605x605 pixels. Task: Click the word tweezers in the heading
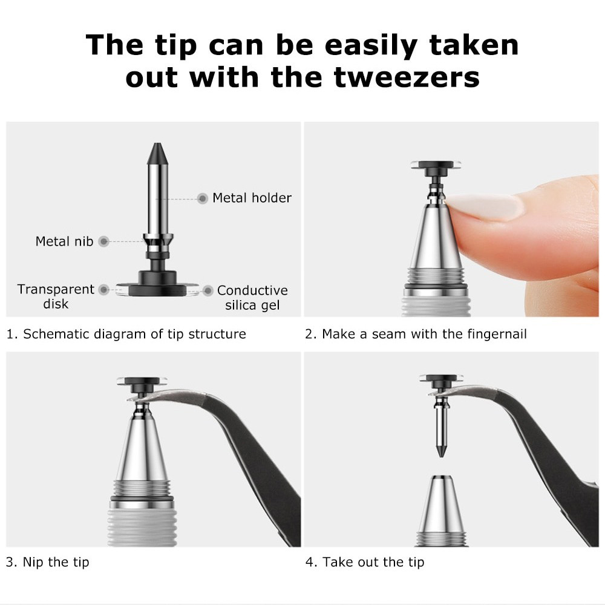pos(407,77)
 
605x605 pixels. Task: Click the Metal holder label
pos(252,198)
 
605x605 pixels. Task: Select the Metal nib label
pos(65,241)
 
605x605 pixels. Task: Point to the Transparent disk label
pos(56,296)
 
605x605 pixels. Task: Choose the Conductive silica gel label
pos(252,298)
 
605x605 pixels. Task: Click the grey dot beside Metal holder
pos(203,198)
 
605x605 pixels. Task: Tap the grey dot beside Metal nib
pos(103,241)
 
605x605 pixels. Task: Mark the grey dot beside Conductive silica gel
pos(208,290)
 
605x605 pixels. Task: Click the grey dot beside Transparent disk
pos(104,289)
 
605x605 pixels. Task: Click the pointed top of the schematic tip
pos(157,143)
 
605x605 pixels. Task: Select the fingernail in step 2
pos(484,206)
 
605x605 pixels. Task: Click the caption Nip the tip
pos(47,562)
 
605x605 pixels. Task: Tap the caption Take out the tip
pos(365,562)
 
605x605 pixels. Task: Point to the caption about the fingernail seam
pos(416,334)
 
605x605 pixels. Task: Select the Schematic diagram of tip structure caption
pos(126,334)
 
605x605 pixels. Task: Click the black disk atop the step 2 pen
pos(437,168)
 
